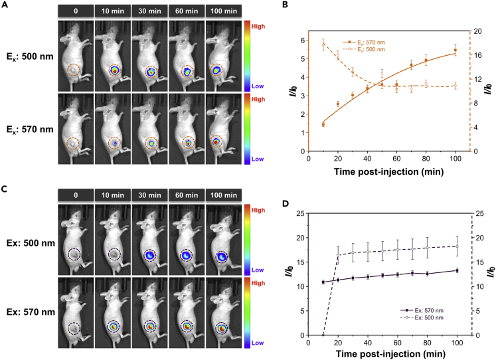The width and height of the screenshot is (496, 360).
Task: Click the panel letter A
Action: (5, 5)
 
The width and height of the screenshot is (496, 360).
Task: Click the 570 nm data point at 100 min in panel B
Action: (455, 50)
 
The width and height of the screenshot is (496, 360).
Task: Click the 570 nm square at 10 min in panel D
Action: (323, 282)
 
